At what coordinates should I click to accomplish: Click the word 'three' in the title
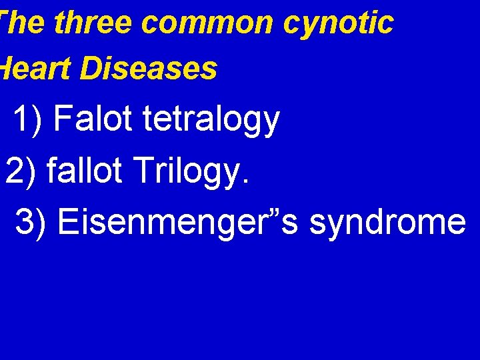(94, 23)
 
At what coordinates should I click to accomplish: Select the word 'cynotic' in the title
(338, 23)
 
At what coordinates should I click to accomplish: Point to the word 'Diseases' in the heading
(148, 69)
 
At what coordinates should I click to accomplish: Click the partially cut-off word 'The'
(22, 23)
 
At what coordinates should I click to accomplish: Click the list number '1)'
(27, 121)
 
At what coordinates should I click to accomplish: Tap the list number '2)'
(21, 171)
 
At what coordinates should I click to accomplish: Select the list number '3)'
(31, 221)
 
